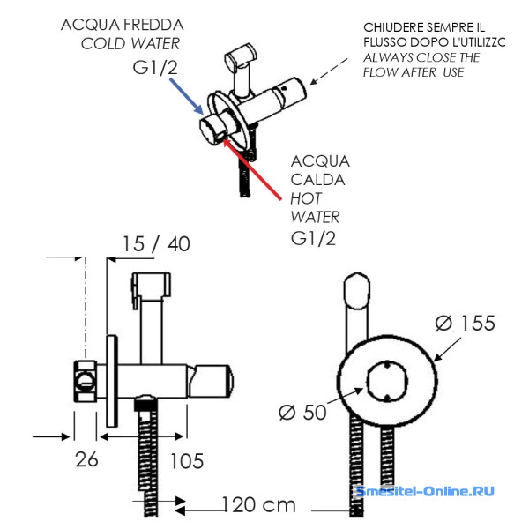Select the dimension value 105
tap(185, 460)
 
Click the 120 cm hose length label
tap(258, 505)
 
